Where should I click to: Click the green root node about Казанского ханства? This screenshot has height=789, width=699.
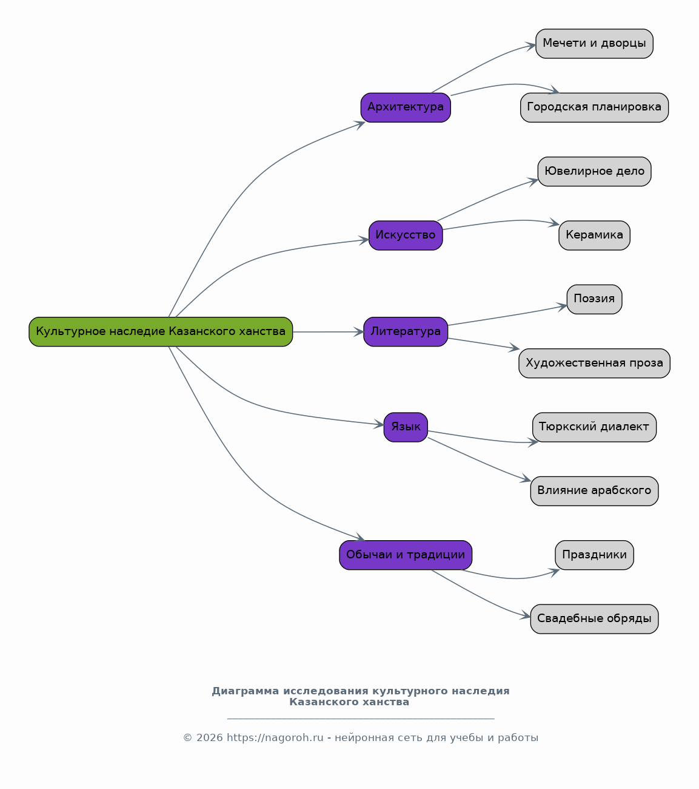click(161, 332)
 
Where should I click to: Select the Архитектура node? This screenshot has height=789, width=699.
click(406, 107)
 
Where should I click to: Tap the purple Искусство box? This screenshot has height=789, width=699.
click(406, 235)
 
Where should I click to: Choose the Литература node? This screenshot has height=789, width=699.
click(406, 332)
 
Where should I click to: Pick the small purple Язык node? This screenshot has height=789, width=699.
click(406, 427)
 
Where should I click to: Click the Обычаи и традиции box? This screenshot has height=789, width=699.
click(406, 555)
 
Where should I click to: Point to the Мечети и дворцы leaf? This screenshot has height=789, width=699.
click(594, 44)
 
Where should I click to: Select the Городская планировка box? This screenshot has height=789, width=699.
click(594, 107)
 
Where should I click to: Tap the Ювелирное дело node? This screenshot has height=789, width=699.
click(594, 172)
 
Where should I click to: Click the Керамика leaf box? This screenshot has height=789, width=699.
click(594, 235)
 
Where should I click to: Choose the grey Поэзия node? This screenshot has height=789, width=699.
click(594, 299)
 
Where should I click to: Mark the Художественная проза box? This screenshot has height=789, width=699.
click(594, 364)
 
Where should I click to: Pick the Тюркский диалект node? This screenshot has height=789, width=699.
click(594, 427)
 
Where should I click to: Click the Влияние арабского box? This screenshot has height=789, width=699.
click(594, 491)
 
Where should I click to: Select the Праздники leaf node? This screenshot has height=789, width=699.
click(594, 555)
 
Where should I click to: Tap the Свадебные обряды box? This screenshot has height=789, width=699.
click(594, 619)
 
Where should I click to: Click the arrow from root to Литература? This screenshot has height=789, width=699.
click(329, 332)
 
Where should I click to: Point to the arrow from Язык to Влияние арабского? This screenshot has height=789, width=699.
click(479, 461)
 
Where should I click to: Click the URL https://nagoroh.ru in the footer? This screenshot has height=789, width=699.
click(275, 737)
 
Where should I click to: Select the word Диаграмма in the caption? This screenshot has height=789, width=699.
click(245, 691)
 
